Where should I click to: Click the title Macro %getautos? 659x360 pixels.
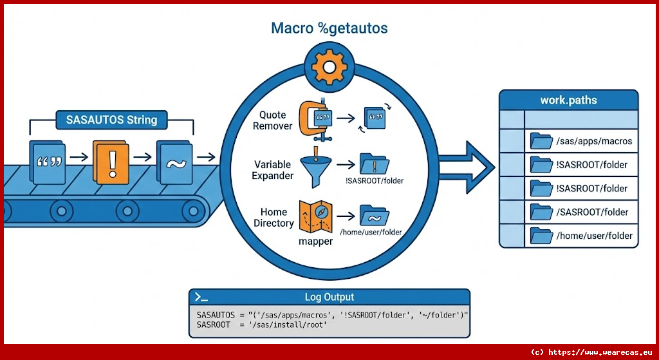point(329,28)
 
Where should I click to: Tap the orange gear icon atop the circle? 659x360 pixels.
point(329,66)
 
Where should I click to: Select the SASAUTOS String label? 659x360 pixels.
point(111,120)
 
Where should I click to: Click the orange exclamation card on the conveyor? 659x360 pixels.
point(111,162)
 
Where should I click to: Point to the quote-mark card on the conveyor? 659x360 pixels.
point(48,162)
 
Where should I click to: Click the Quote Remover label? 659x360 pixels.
point(273,120)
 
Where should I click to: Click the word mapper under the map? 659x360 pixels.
point(315,242)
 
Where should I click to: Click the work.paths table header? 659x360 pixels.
point(568,100)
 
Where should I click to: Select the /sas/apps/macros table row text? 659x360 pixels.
point(594,141)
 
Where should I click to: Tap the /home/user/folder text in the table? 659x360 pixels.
point(594,236)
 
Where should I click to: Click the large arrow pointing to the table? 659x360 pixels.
point(467,168)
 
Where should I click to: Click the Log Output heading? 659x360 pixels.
point(329,297)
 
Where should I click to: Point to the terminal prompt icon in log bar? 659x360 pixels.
point(201,297)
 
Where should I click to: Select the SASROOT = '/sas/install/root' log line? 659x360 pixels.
point(262,325)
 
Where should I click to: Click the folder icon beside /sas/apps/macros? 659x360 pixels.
point(541,141)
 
